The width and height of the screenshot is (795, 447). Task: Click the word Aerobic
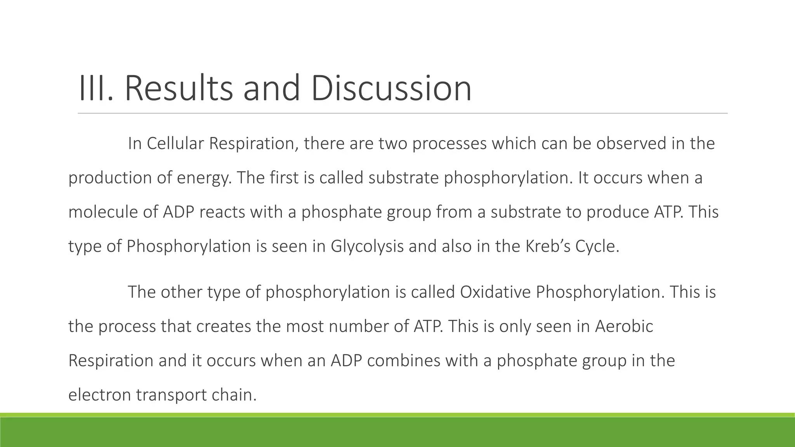(x=624, y=326)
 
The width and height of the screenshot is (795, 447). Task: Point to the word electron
(x=99, y=395)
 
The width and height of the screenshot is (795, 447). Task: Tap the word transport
(x=171, y=395)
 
